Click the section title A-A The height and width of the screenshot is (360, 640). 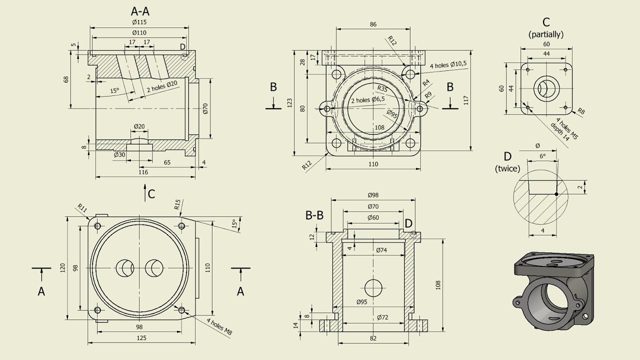(140, 11)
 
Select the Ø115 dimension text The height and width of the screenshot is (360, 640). (139, 22)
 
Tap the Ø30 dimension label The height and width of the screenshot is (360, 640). (119, 154)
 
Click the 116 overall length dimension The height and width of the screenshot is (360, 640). (143, 172)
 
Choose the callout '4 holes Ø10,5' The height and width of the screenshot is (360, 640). (448, 64)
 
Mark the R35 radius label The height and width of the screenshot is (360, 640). (382, 88)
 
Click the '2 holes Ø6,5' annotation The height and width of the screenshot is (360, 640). (368, 99)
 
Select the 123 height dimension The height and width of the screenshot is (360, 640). (289, 103)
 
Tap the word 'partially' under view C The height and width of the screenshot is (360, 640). (546, 34)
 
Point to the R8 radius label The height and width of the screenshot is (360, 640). (581, 111)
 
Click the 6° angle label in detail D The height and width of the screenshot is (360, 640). (542, 156)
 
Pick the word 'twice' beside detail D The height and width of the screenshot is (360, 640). (507, 169)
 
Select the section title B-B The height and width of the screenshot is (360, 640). (314, 215)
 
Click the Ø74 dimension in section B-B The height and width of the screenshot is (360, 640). (381, 250)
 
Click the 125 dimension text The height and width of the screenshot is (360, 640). (141, 338)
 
